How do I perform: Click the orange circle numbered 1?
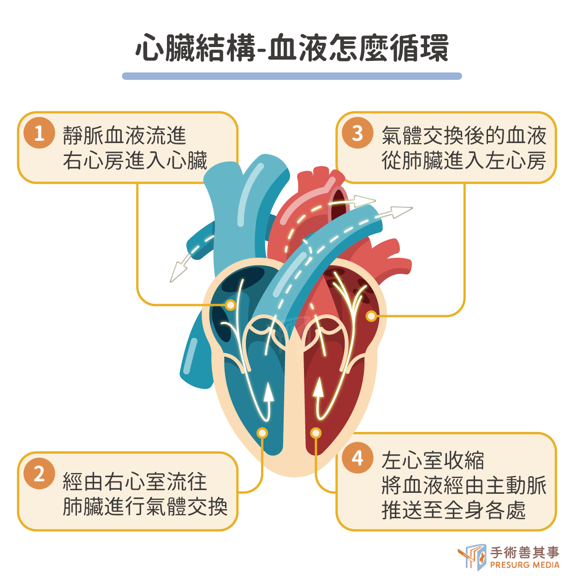click(39, 133)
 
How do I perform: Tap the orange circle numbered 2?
click(39, 473)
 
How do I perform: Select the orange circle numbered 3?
click(357, 133)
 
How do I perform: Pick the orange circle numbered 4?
click(357, 458)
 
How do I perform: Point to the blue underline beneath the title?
click(291, 76)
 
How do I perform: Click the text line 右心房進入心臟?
click(135, 160)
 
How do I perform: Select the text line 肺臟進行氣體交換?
click(145, 507)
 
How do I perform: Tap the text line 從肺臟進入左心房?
click(464, 160)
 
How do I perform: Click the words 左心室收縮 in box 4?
click(433, 460)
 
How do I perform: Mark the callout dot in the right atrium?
click(231, 305)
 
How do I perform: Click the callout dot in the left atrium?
click(371, 316)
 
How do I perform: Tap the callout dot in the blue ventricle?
click(262, 432)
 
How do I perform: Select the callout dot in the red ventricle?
click(316, 432)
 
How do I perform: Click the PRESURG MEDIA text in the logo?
click(524, 565)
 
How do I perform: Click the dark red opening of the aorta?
click(339, 204)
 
